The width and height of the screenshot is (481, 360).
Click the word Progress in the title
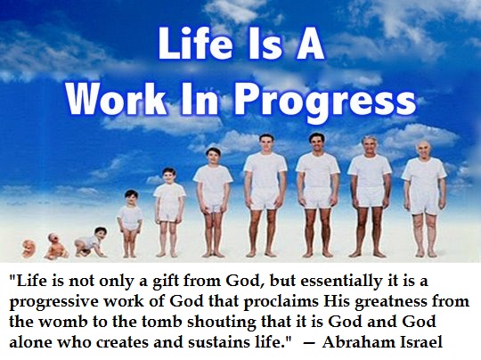click(x=325, y=101)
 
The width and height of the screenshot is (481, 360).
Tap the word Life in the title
click(x=195, y=44)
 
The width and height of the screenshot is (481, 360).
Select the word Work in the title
click(x=116, y=96)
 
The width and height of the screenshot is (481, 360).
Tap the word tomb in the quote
click(x=161, y=322)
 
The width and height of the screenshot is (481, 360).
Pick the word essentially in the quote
click(x=339, y=282)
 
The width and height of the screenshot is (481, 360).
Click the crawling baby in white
click(x=91, y=242)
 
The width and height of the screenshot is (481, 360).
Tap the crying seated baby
click(x=55, y=246)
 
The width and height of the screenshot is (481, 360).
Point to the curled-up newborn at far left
click(x=29, y=248)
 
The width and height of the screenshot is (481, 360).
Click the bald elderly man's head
click(x=424, y=149)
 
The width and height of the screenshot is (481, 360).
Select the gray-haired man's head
click(x=369, y=145)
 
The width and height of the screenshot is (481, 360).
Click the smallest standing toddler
click(x=130, y=224)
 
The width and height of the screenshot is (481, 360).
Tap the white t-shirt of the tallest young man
click(x=265, y=172)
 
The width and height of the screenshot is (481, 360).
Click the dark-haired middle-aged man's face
click(x=317, y=144)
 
